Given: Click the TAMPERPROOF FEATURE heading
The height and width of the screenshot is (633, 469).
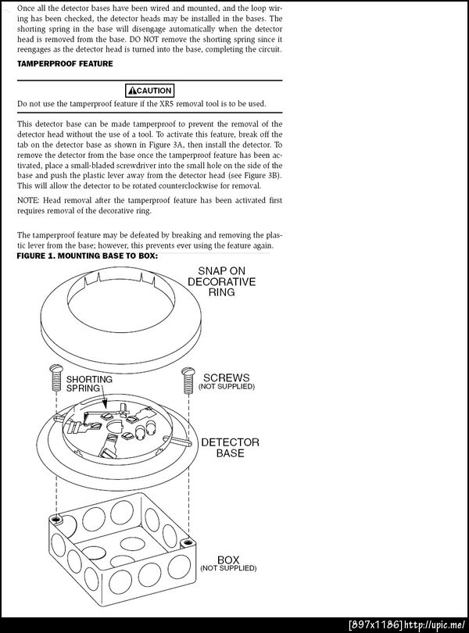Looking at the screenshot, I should tap(65, 64).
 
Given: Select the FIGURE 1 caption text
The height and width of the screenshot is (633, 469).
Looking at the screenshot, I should tap(88, 256).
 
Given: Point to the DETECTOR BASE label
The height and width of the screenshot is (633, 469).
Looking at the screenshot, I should tap(230, 448).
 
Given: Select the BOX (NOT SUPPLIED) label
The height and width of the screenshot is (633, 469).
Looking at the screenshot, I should tap(227, 564).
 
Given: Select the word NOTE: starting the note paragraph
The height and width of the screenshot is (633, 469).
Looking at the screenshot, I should tap(30, 200).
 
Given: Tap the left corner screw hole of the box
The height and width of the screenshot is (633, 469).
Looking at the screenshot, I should tap(55, 518).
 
